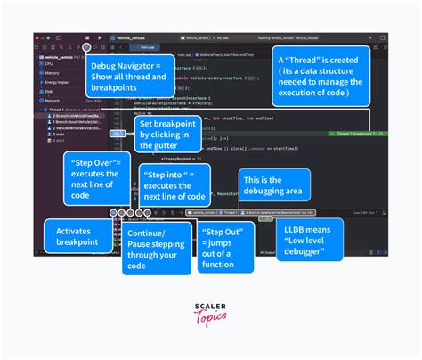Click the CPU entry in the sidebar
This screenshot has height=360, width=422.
pyautogui.click(x=50, y=64)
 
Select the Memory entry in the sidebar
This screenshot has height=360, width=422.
pyautogui.click(x=53, y=72)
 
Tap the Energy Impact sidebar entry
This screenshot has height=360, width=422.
pyautogui.click(x=57, y=81)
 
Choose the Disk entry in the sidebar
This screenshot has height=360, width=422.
pyautogui.click(x=50, y=90)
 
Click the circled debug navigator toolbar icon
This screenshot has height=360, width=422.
pyautogui.click(x=85, y=46)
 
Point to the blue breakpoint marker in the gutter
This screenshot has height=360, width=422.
pyautogui.click(x=116, y=132)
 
